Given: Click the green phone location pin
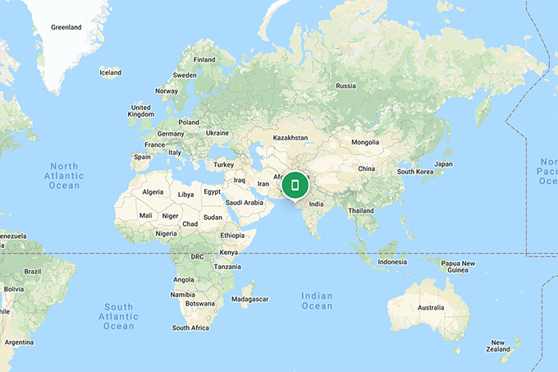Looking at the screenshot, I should coord(295,186).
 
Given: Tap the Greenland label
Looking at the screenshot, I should coord(66,27).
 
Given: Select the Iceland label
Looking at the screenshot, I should coord(110,72).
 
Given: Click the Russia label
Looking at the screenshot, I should coord(345,85).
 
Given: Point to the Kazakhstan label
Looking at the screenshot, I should coord(290,137).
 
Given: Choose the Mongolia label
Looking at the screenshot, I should coord(365,142).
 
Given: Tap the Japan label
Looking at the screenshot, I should coord(443,163).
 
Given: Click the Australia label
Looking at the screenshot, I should coord(430,308).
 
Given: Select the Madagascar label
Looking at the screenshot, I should coord(249,299).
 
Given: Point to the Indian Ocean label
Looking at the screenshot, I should coord(317,301).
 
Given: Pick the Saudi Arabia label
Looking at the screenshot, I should coord(244,202).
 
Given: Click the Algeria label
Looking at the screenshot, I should coord(153,191).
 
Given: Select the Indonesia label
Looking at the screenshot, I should coord(392,262).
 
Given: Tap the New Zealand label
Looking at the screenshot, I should coord(497,346).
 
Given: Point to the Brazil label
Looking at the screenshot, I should coord(33,271).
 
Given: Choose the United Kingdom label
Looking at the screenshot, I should coord(141,111).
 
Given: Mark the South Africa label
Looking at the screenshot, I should coord(191,328).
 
